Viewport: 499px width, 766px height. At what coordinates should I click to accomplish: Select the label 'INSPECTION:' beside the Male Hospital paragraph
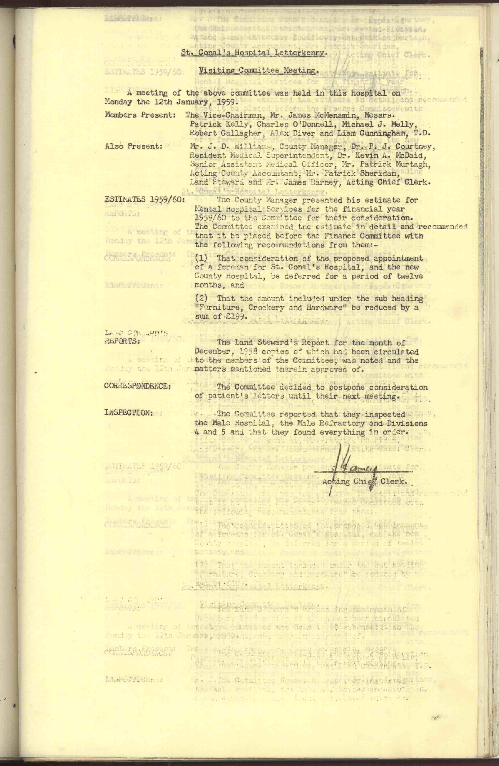click(129, 413)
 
